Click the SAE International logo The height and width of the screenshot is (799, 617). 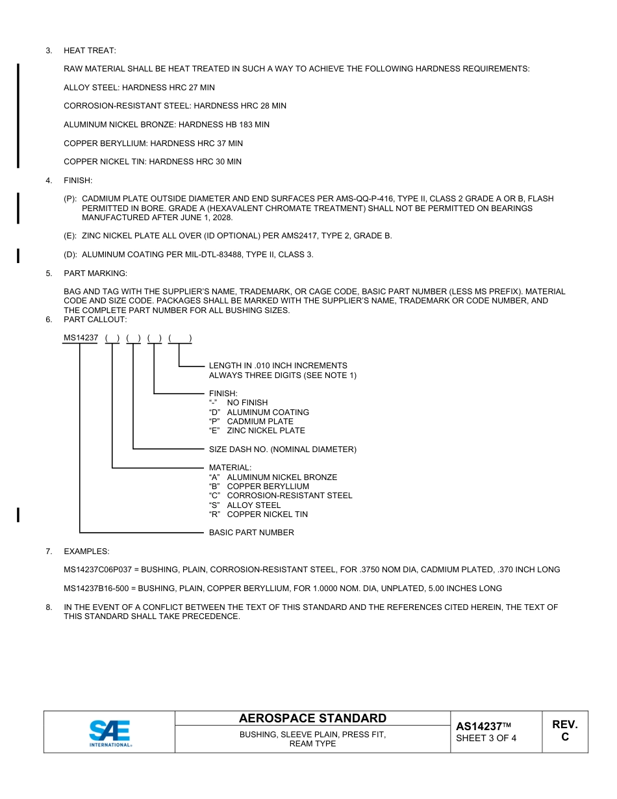point(109,733)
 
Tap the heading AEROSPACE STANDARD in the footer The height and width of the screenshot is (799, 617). point(312,718)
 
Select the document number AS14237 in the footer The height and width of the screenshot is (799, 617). point(479,727)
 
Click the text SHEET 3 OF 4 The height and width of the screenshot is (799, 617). point(486,738)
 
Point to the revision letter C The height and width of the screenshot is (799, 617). point(564,737)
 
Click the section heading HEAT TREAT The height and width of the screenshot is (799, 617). point(90,51)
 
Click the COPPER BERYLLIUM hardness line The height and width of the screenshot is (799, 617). point(153,143)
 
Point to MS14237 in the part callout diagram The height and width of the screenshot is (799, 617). point(81,338)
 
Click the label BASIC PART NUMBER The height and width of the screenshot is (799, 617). point(251,533)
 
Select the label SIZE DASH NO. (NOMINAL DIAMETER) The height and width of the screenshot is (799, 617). point(282,450)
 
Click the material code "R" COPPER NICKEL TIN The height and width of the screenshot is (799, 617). point(258,514)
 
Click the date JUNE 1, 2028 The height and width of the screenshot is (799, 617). point(207,218)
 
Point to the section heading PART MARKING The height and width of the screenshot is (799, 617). point(95,273)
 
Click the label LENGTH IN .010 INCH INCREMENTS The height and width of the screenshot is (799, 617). point(277,366)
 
